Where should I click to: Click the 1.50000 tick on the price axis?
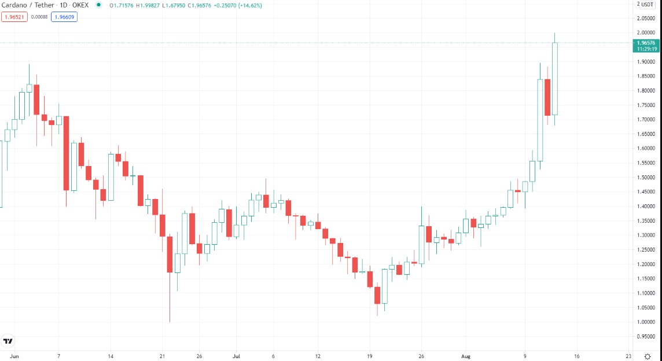646,177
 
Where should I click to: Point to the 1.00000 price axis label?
646,322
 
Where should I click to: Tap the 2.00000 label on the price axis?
646,33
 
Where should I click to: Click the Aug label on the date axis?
466,356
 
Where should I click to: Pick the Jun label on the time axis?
15,356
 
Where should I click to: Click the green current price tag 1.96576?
646,43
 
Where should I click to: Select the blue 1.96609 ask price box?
64,17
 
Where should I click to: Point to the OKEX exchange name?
81,5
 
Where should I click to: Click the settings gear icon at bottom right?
648,356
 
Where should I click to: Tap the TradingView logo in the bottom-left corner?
8,341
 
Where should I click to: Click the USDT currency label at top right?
646,5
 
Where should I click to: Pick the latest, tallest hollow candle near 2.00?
554,79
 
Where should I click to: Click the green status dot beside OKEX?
98,5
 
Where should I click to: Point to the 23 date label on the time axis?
628,356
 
